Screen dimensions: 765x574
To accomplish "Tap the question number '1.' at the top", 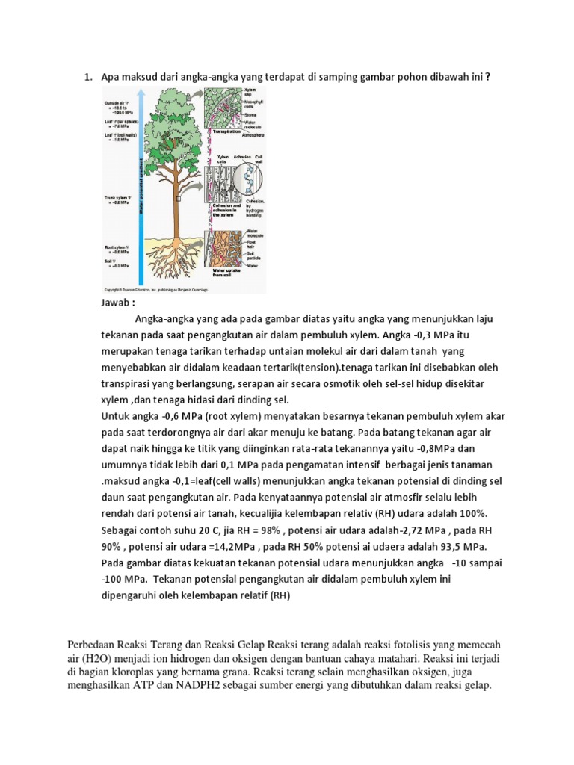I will click(87, 76).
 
